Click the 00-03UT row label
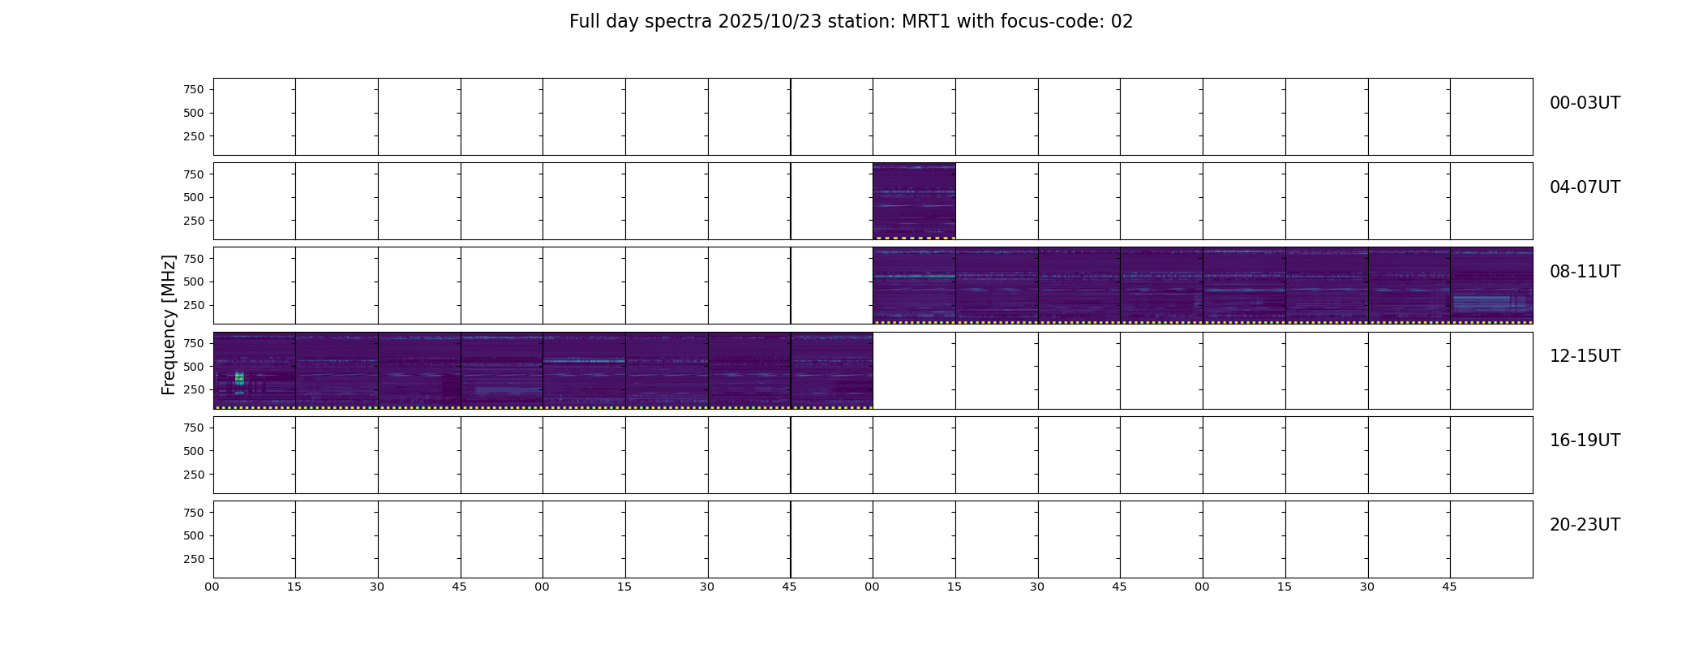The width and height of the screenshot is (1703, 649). click(1585, 103)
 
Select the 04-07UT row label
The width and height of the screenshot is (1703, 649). click(1585, 187)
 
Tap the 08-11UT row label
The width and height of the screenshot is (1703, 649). click(1585, 272)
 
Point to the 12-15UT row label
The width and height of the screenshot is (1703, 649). click(1585, 356)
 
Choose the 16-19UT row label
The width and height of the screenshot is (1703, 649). click(1585, 441)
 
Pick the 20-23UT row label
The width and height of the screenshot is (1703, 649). click(1585, 525)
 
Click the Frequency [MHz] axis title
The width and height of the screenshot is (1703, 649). click(169, 324)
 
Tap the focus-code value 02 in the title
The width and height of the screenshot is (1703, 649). click(1122, 22)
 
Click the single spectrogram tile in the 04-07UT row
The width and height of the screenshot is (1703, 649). click(914, 201)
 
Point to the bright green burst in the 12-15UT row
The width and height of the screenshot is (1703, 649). click(239, 379)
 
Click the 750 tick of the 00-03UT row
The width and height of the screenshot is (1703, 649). click(194, 90)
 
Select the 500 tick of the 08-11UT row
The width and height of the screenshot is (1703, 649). click(194, 282)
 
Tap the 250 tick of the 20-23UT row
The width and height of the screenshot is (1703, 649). click(194, 559)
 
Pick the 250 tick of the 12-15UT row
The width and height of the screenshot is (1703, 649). click(194, 390)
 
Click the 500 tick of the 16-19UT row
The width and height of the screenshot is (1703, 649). click(194, 451)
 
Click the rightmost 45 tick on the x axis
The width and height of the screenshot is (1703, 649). click(1449, 587)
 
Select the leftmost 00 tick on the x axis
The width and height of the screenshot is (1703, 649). click(212, 587)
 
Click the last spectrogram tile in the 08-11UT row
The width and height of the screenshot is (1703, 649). click(1491, 286)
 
